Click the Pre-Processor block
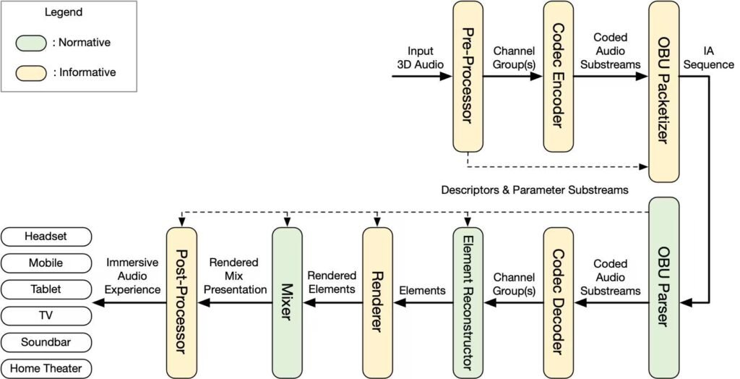click(x=468, y=76)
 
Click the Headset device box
click(x=46, y=237)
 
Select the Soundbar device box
click(x=46, y=341)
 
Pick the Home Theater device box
click(x=46, y=368)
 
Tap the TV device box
click(x=46, y=315)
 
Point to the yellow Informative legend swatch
click(x=31, y=72)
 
